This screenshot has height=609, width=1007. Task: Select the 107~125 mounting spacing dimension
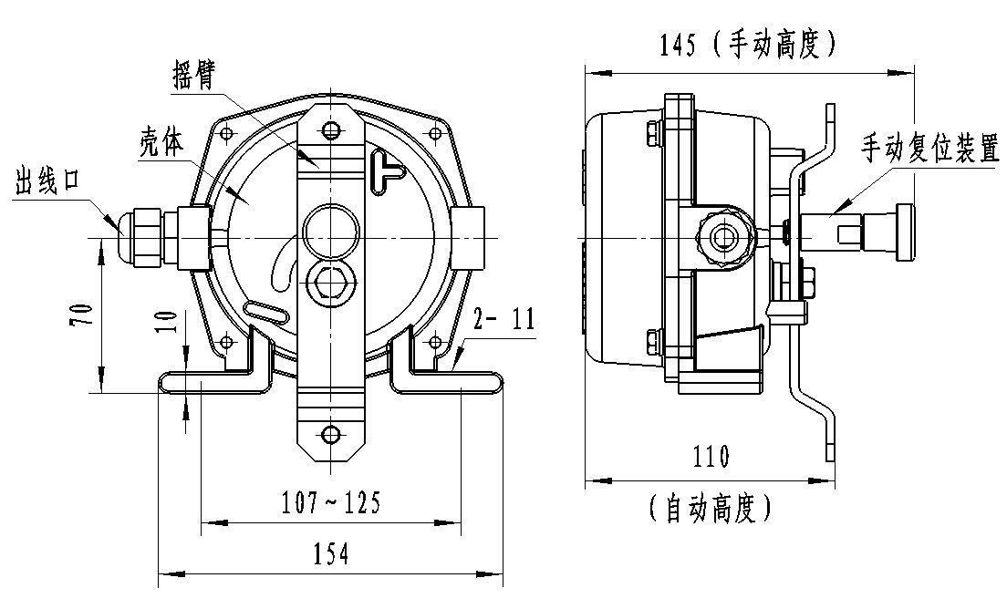point(331,502)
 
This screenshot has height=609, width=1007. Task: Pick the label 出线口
point(49,183)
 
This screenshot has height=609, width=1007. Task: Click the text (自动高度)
point(711,508)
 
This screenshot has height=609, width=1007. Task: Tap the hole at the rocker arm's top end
point(330,129)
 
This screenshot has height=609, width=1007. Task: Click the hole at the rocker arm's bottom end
point(330,433)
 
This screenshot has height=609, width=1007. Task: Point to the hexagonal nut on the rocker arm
point(330,280)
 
